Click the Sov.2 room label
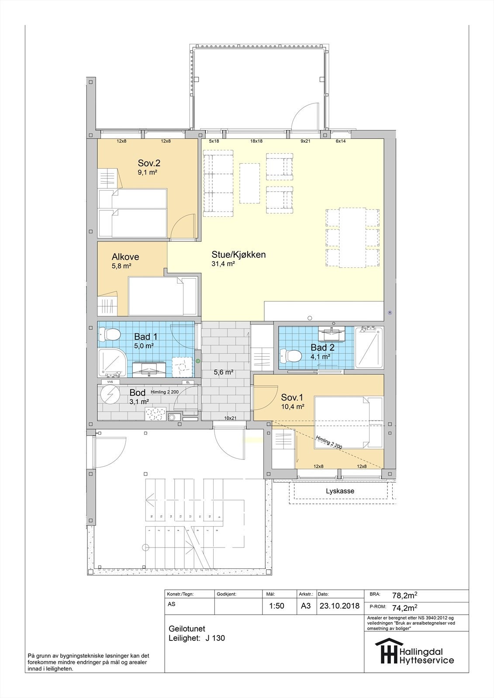(149, 163)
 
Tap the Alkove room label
(125, 257)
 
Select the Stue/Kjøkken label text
(238, 255)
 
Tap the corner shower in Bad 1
(112, 363)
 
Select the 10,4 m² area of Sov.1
(293, 406)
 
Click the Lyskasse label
(340, 491)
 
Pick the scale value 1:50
(276, 606)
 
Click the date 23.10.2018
(339, 606)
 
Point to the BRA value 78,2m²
(404, 595)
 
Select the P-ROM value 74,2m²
(404, 607)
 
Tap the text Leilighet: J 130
(197, 638)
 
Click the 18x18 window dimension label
(256, 141)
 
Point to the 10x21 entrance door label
(230, 418)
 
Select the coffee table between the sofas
(249, 183)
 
